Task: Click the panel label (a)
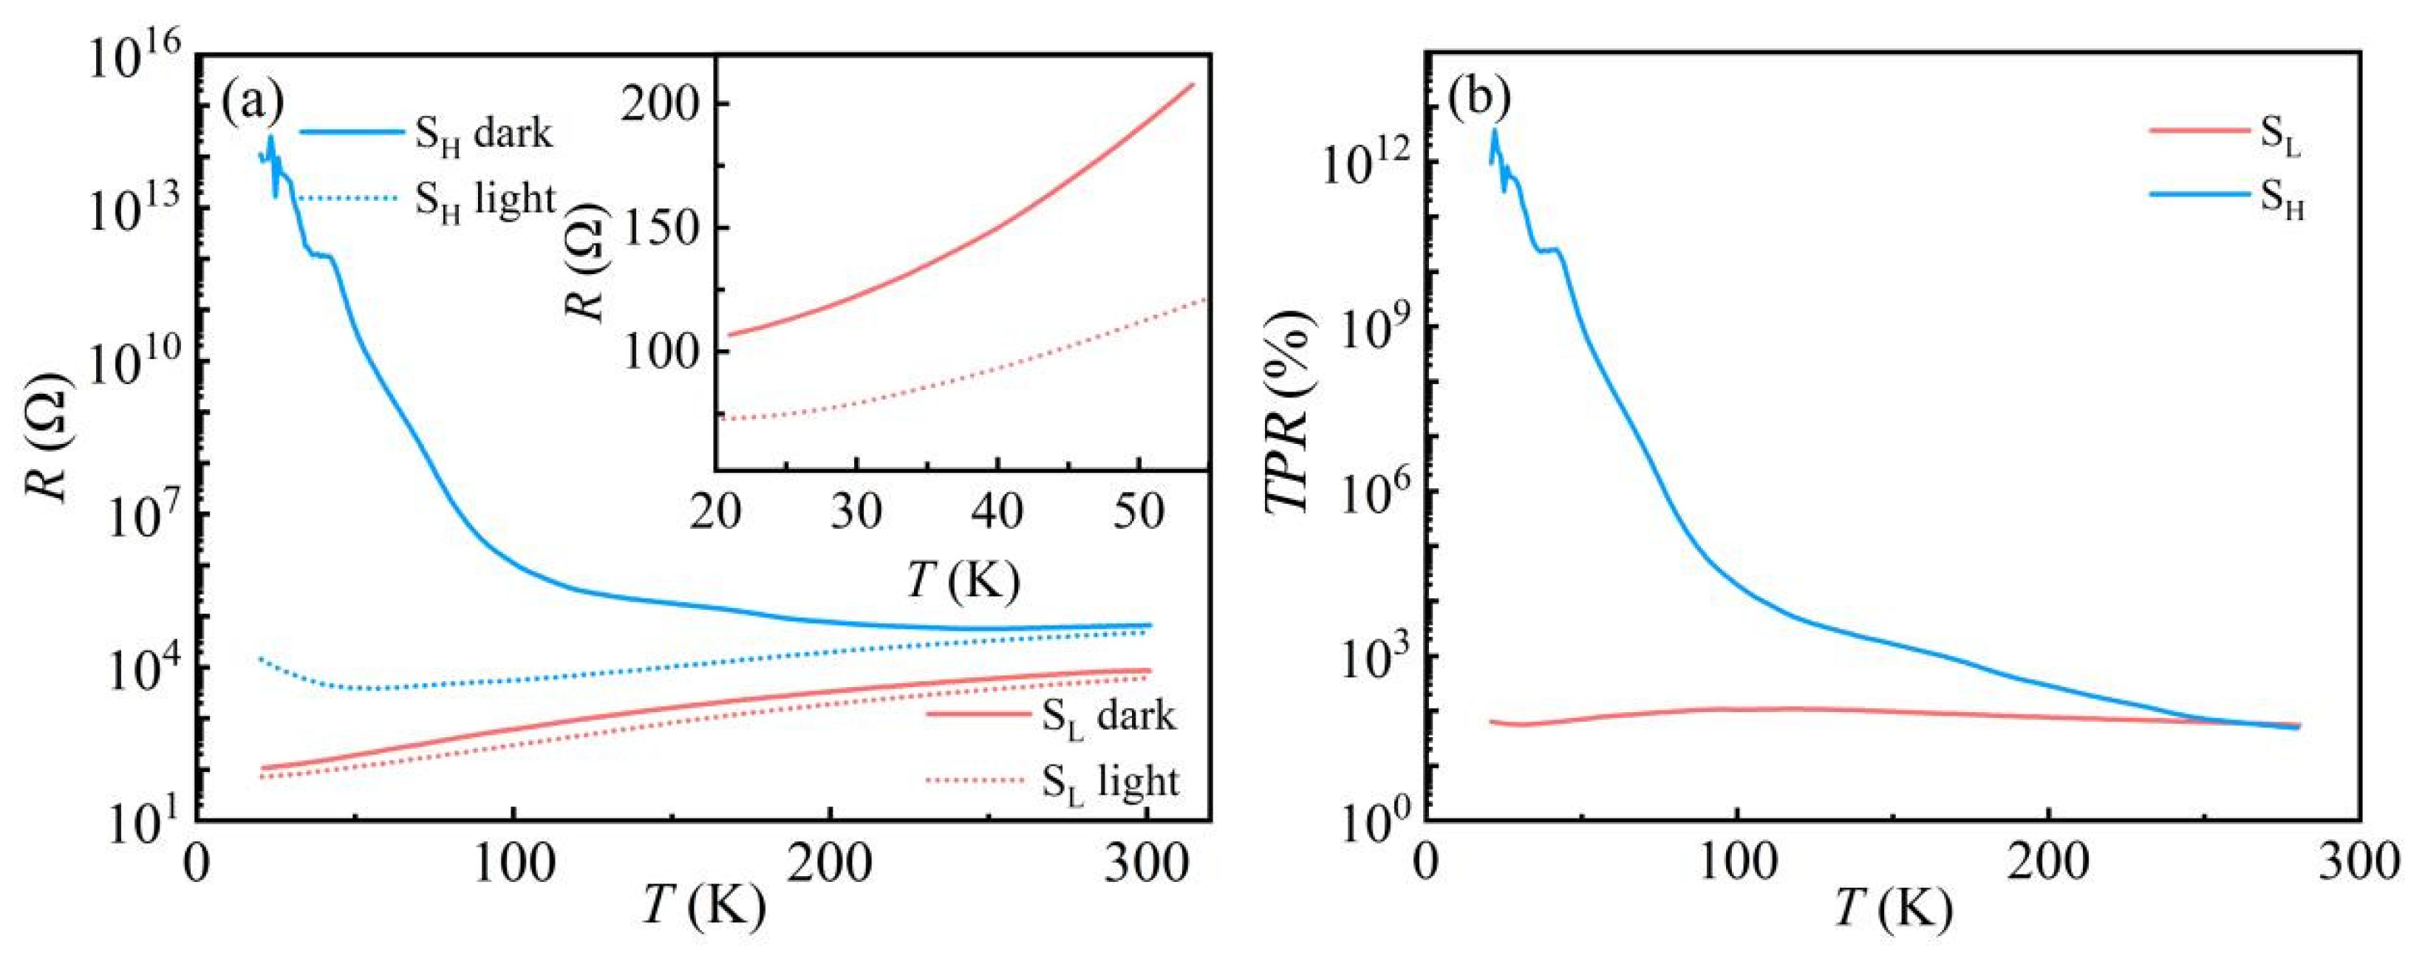[x=251, y=102]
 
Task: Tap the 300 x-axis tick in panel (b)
[x=2361, y=864]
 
